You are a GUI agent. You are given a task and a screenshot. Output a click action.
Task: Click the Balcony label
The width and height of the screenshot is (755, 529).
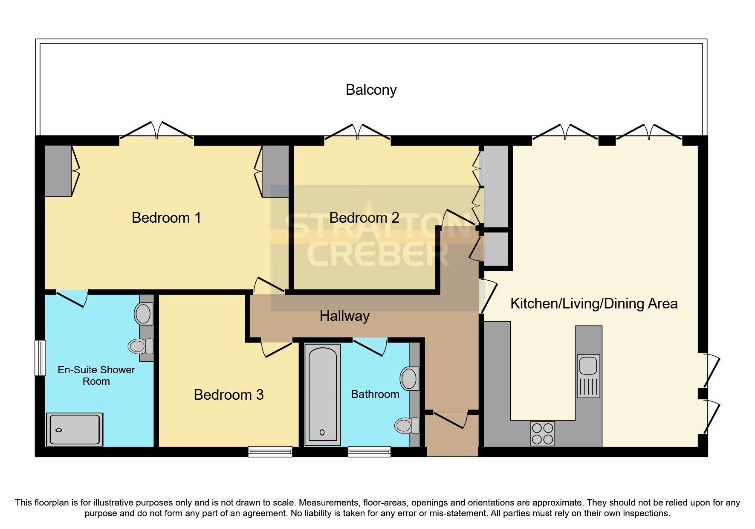tap(371, 90)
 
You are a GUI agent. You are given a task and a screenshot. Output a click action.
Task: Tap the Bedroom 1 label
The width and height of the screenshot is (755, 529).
tap(166, 218)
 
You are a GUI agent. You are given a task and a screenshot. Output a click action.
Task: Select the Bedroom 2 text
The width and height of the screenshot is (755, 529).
tap(364, 218)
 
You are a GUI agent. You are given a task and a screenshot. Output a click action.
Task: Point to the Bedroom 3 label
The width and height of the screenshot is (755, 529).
tap(229, 395)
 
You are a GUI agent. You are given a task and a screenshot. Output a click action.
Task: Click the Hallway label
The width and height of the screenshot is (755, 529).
tap(344, 316)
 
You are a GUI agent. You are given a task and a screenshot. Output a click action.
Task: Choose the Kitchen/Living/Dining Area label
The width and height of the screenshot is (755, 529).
tap(593, 304)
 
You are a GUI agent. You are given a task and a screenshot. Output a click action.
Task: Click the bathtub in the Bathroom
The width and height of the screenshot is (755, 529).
tap(322, 395)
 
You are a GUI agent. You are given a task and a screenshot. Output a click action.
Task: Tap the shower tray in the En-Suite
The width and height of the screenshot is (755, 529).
tap(75, 430)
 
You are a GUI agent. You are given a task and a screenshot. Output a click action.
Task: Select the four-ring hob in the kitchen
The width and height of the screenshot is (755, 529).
tap(542, 433)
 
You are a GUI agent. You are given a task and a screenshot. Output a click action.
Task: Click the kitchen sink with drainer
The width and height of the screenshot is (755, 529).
tap(588, 376)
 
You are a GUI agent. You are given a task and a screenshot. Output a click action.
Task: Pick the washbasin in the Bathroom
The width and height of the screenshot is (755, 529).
tap(409, 378)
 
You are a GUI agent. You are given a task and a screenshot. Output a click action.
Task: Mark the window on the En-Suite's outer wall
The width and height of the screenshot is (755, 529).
tap(40, 358)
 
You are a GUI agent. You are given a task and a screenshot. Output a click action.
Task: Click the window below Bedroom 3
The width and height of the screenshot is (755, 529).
tap(270, 452)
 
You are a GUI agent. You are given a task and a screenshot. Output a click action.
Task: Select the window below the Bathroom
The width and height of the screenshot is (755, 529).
tap(369, 452)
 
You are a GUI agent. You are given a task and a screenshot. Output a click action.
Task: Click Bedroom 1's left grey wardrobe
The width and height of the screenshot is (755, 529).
tap(58, 171)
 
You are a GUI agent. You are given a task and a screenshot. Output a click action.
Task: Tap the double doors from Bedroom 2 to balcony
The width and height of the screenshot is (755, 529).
tap(357, 133)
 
